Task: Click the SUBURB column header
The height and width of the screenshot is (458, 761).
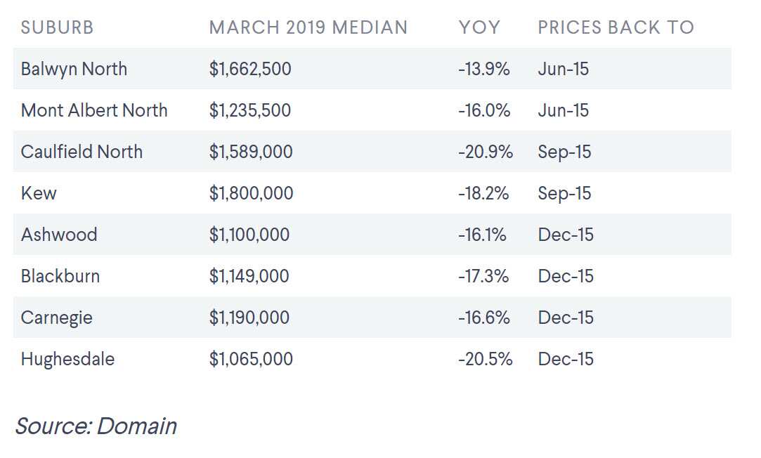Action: pos(57,27)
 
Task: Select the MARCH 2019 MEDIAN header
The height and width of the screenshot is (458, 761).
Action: pos(308,27)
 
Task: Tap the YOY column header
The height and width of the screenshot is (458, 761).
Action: pos(479,27)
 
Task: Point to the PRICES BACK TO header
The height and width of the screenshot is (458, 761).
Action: pos(616,27)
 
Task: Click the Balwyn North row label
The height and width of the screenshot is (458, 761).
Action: pos(74,69)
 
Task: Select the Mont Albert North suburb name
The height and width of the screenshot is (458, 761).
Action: pos(94,110)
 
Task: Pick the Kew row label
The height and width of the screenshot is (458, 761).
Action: pos(39,193)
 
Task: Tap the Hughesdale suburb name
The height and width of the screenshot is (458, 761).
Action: pos(67,359)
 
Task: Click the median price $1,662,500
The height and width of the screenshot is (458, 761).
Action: pos(250,69)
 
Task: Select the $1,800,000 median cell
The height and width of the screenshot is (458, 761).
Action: pos(251,193)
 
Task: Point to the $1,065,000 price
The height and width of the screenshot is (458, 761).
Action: pos(251,359)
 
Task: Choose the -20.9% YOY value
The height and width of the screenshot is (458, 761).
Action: pos(486,152)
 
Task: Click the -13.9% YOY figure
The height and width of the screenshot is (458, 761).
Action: pos(483,69)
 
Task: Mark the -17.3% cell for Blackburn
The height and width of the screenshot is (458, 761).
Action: pos(483,276)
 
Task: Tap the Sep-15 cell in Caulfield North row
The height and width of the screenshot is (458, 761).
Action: pos(564,152)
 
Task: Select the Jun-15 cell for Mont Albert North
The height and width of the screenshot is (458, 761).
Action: pos(563,110)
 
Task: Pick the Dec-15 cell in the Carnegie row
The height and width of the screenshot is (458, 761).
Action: pos(566,318)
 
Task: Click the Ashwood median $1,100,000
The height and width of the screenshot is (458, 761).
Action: pos(249,235)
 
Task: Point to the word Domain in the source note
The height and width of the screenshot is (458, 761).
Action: pos(136,426)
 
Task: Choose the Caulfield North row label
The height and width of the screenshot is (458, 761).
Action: pos(82,152)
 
